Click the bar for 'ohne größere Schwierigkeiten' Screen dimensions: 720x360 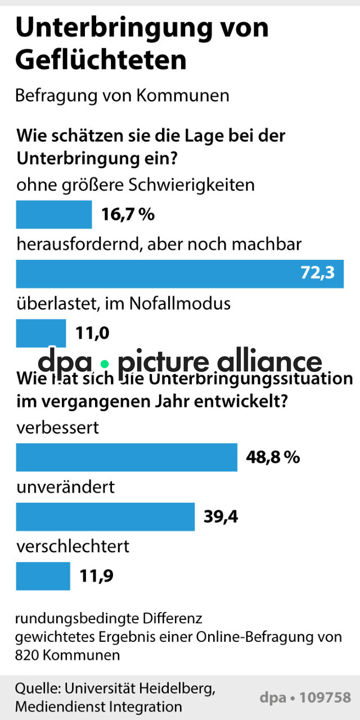click(53, 214)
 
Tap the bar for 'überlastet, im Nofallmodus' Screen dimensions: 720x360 click(40, 333)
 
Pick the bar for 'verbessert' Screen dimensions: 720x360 click(127, 457)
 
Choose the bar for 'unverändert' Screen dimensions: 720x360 click(105, 516)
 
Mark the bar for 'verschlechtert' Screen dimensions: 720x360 click(43, 576)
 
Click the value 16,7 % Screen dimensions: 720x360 click(128, 214)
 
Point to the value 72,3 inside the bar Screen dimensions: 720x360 click(318, 273)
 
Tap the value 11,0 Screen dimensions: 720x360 click(92, 333)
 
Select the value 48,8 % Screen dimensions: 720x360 click(273, 457)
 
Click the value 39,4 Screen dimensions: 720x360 click(220, 516)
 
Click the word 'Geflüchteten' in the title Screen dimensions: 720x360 click(101, 60)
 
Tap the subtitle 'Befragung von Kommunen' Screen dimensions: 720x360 click(122, 96)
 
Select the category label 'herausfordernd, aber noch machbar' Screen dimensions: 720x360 click(159, 244)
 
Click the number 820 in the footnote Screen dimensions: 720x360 click(28, 655)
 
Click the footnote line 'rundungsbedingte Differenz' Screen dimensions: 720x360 click(108, 619)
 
